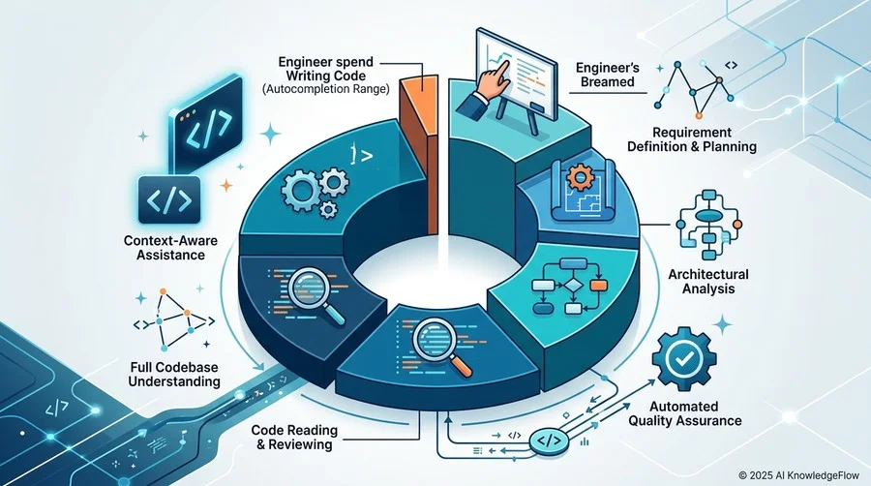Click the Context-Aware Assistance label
(170, 248)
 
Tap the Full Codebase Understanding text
(174, 375)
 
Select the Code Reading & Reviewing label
(294, 438)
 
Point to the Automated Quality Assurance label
(685, 413)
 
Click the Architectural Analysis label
(708, 281)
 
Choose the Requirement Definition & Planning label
(692, 139)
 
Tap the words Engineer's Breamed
(607, 75)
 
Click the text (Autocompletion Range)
(325, 88)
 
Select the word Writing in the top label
(307, 75)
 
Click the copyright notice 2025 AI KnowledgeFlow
(798, 475)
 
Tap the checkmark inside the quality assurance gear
(682, 359)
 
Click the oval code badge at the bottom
(549, 441)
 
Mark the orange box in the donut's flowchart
(599, 286)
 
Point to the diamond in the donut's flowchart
(571, 286)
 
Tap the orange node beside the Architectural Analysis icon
(737, 225)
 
